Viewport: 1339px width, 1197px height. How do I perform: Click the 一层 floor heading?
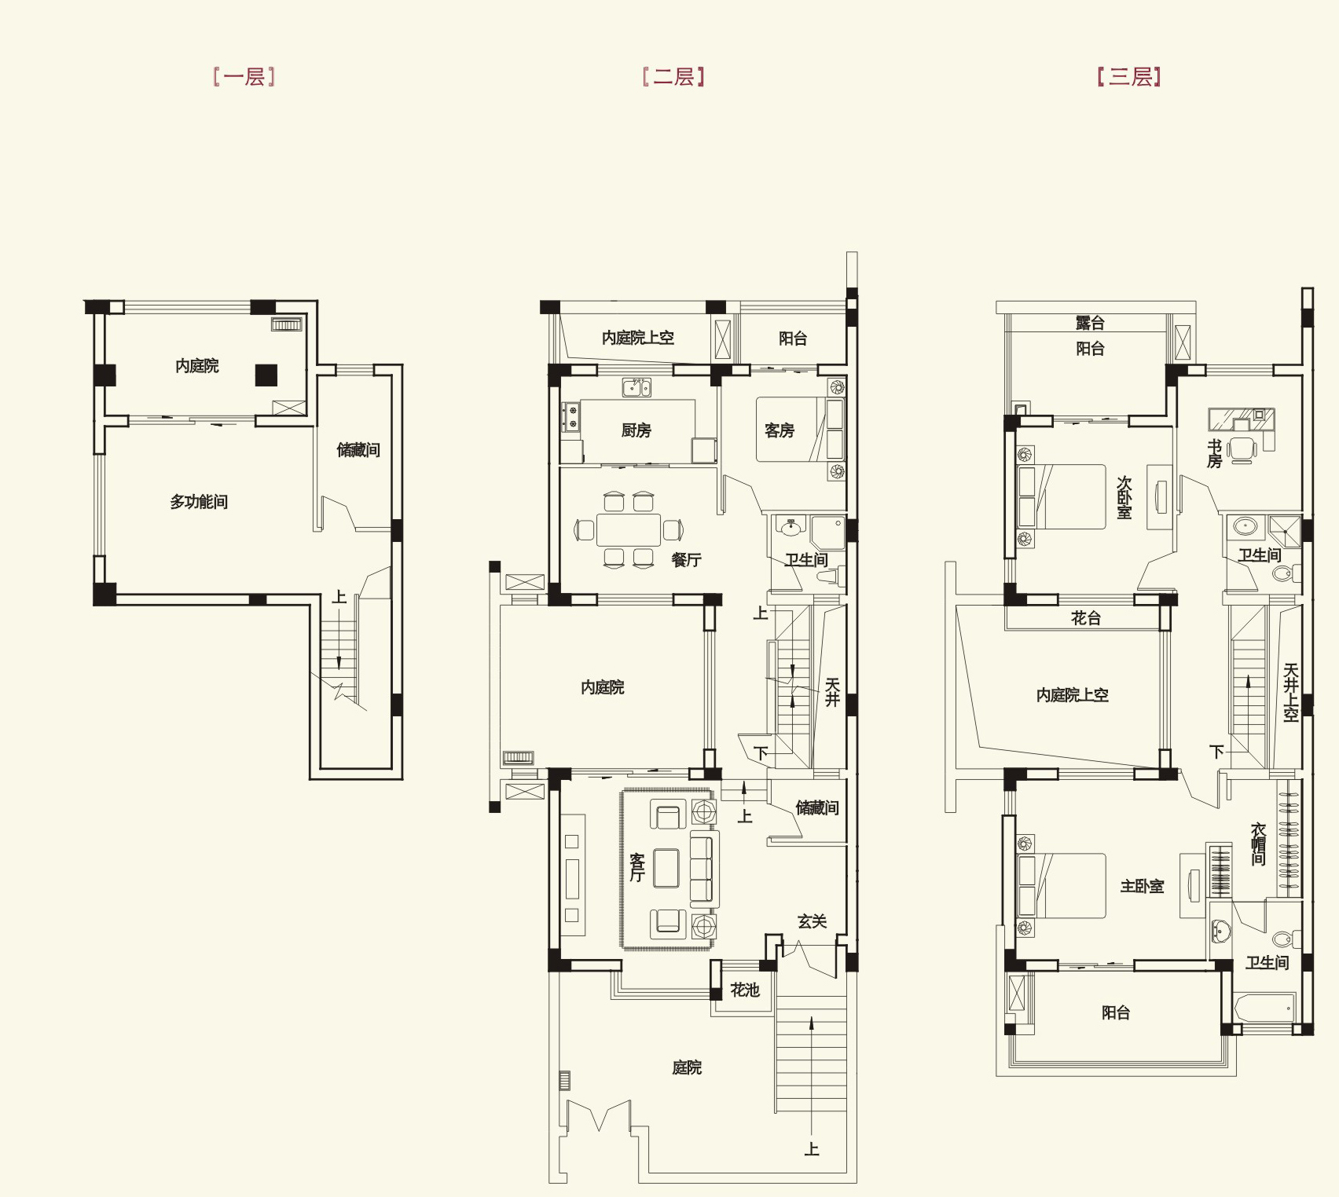(244, 77)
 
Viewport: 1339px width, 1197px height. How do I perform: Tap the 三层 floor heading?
(1130, 77)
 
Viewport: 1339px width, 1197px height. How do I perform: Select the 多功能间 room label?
(199, 502)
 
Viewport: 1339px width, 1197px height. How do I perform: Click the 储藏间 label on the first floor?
(358, 450)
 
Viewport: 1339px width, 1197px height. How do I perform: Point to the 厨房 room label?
(636, 430)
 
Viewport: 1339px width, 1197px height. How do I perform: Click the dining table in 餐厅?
(629, 529)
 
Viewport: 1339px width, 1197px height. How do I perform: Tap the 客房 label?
(779, 430)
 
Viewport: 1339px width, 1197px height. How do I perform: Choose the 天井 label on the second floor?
(832, 692)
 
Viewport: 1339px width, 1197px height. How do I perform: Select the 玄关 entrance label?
(812, 921)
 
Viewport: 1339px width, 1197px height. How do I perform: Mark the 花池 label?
(744, 990)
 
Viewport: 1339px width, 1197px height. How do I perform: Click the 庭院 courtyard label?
(687, 1067)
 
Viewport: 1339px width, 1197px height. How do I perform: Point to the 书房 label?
(1214, 454)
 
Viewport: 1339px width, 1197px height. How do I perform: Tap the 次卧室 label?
(1124, 497)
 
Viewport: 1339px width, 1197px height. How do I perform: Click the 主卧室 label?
(1142, 886)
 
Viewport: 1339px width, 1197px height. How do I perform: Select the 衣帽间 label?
(1258, 844)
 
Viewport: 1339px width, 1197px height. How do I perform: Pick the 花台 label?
(1086, 618)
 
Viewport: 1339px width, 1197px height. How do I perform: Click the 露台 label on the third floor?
(1090, 322)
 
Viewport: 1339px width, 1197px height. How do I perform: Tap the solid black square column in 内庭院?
(266, 375)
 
